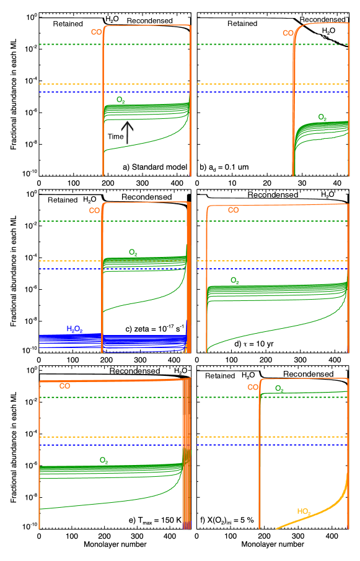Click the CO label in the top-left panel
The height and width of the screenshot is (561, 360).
[96, 32]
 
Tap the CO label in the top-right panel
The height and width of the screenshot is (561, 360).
[288, 33]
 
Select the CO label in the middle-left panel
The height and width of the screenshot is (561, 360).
[94, 211]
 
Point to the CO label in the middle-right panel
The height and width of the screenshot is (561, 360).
[233, 211]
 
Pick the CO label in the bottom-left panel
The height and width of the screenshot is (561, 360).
[64, 386]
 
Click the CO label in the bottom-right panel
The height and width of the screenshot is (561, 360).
[253, 387]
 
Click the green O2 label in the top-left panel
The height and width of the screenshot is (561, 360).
[121, 100]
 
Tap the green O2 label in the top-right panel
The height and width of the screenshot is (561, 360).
[322, 117]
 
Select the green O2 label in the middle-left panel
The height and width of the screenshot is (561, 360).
[133, 252]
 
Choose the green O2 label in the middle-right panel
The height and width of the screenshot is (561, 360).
[235, 280]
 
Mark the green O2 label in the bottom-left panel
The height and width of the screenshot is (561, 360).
[104, 460]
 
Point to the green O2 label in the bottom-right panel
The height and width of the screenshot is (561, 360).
[279, 389]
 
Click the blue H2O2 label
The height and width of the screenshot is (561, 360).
[74, 329]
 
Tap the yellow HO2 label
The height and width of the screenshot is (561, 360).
[303, 511]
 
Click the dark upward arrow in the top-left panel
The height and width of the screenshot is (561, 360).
[127, 132]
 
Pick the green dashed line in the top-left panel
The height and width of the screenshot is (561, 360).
[68, 44]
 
